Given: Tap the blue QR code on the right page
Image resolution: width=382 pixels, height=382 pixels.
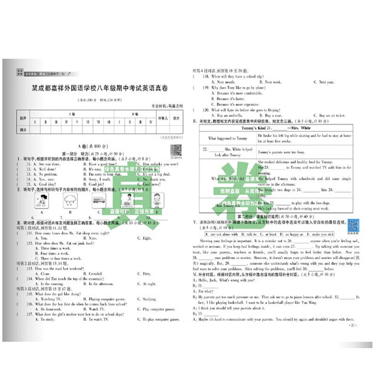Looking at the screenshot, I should tap(353, 225).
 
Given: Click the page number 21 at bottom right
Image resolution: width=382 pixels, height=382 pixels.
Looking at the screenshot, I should tap(352, 326).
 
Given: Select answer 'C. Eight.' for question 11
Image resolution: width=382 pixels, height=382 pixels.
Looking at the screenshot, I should tap(147, 238).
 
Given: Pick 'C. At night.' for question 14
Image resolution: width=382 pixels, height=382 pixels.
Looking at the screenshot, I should tap(149, 284).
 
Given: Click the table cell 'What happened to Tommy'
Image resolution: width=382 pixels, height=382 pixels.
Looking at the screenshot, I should tap(228, 138).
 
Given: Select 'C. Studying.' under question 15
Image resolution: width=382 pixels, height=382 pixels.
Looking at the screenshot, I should tap(150, 299).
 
